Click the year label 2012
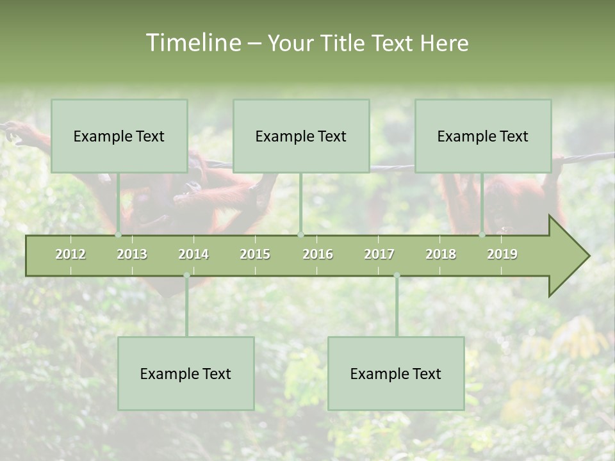(70, 254)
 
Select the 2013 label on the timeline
(132, 254)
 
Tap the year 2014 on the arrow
(193, 254)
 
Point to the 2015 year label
(255, 254)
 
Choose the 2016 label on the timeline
(318, 254)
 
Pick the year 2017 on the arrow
(379, 254)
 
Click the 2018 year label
(441, 254)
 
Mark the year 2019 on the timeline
(502, 254)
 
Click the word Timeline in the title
(193, 43)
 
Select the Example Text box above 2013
(119, 136)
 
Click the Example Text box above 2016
(301, 136)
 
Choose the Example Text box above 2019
(483, 136)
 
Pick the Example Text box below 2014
(186, 373)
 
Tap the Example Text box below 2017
(396, 373)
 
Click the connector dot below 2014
(186, 275)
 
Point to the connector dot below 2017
(397, 275)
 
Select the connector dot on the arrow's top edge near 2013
(119, 235)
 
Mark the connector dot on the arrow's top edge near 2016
(300, 235)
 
